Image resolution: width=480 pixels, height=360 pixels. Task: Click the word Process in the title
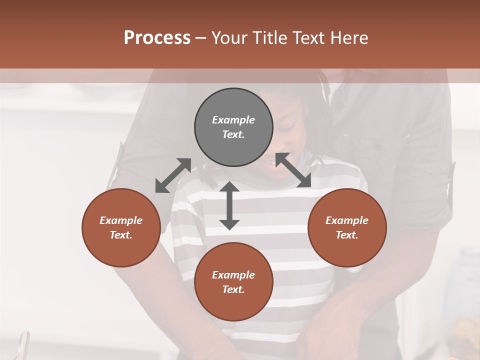pos(157,38)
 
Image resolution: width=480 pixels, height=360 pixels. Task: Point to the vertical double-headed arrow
pos(229,205)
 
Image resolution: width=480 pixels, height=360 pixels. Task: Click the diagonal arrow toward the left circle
pos(173,175)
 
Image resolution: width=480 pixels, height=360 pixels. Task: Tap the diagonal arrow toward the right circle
pos(293,170)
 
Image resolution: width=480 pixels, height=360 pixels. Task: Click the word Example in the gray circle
pos(233,120)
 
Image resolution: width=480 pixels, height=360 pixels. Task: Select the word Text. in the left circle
pos(121,235)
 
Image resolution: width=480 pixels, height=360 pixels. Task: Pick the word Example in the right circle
pos(347,220)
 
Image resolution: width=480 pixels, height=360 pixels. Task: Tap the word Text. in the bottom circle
pos(233,289)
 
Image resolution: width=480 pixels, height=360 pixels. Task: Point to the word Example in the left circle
pos(121,220)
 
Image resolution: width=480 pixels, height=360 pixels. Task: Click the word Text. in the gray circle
pos(233,134)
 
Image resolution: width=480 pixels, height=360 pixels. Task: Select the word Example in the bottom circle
pos(233,275)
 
